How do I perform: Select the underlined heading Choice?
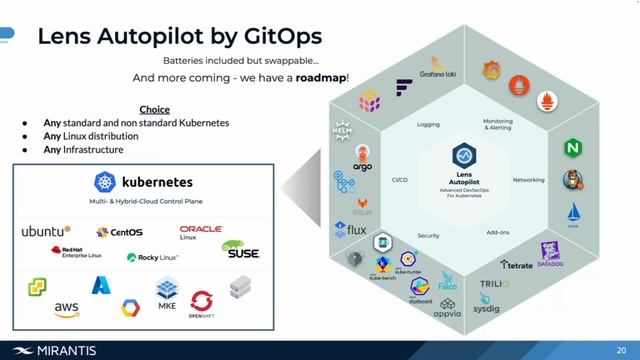[x=154, y=109]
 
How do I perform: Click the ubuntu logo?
[x=47, y=232]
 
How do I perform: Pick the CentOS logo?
[x=119, y=232]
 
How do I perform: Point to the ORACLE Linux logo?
[x=200, y=232]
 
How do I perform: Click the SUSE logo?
[x=241, y=250]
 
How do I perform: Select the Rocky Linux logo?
[x=153, y=257]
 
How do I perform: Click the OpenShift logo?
[x=201, y=303]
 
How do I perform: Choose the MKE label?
[x=167, y=306]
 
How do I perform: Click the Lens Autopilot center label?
[x=462, y=177]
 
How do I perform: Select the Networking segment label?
[x=528, y=180]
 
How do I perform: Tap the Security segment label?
[x=428, y=236]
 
